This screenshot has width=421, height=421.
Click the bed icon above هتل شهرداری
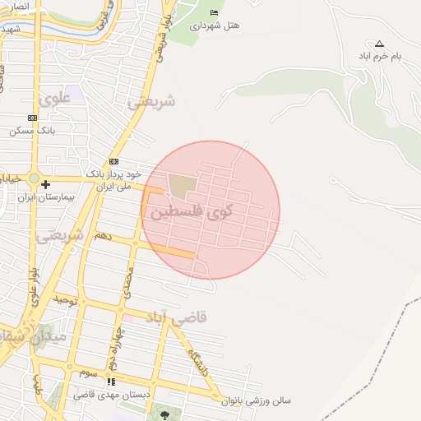pos(215,12)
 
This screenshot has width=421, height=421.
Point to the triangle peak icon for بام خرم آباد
pos(378,44)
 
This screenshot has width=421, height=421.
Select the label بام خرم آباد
pos(379,56)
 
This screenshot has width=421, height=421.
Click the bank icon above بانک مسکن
pos(32,118)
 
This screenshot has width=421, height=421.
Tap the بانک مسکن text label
pos(32,131)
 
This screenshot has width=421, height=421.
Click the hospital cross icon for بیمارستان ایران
pos(46,184)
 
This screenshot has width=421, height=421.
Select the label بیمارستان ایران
pos(48,197)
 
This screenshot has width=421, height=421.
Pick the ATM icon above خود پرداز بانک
pos(113,161)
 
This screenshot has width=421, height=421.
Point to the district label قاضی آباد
pos(177,317)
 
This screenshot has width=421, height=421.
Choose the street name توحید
pos(66,301)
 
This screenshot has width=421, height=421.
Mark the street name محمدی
pos(127,282)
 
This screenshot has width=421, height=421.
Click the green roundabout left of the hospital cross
pos(34,178)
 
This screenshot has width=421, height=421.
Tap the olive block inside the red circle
pos(179,186)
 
